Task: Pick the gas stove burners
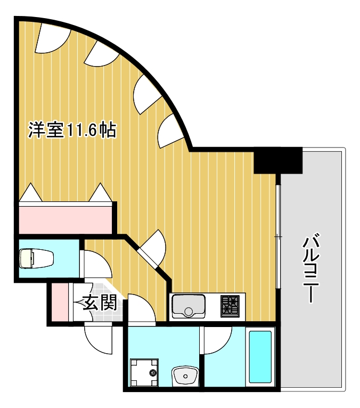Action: pyautogui.click(x=231, y=306)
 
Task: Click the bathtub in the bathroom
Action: pyautogui.click(x=260, y=357)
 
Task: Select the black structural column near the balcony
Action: pyautogui.click(x=277, y=160)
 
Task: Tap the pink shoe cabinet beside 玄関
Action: pyautogui.click(x=61, y=304)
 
